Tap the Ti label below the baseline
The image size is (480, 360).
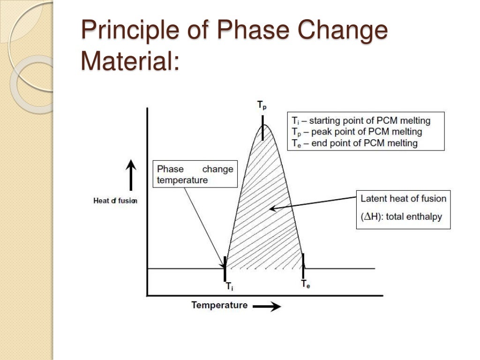click(x=229, y=285)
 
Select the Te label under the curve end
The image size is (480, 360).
click(x=305, y=284)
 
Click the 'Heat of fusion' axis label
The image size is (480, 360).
click(x=115, y=201)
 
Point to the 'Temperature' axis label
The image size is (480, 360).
click(x=219, y=305)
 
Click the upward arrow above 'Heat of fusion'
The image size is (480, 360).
click(x=131, y=174)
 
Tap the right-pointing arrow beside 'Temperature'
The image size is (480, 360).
click(x=267, y=307)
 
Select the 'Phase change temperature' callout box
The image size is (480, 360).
click(x=195, y=174)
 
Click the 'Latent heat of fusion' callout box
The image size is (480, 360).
click(x=403, y=209)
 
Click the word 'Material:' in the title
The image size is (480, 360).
click(x=130, y=61)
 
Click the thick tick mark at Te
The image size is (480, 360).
click(x=303, y=265)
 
